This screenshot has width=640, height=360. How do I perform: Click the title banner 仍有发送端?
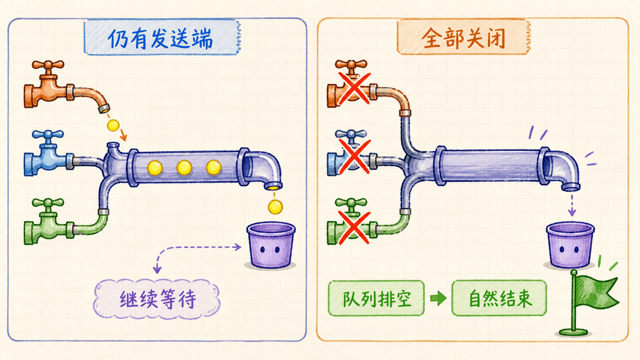pyautogui.click(x=162, y=37)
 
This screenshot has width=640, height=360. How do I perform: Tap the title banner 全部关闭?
pyautogui.click(x=464, y=37)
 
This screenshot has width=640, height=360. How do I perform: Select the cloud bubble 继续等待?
pyautogui.click(x=157, y=299)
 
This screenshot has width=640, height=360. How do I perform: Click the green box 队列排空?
pyautogui.click(x=376, y=298)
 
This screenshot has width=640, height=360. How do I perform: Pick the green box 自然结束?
pyautogui.click(x=499, y=298)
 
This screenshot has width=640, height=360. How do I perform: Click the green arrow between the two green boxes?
pyautogui.click(x=438, y=298)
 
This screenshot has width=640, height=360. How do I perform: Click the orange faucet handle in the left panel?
pyautogui.click(x=48, y=65)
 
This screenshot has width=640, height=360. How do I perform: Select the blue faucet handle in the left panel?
pyautogui.click(x=48, y=134)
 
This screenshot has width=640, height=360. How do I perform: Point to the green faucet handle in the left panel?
pyautogui.click(x=48, y=202)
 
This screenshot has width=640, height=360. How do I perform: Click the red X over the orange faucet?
pyautogui.click(x=354, y=88)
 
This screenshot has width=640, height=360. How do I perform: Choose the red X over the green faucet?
pyautogui.click(x=354, y=228)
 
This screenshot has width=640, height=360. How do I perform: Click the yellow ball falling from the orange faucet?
pyautogui.click(x=113, y=125)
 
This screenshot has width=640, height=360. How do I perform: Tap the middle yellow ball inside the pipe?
pyautogui.click(x=184, y=168)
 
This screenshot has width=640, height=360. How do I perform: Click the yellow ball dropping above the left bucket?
pyautogui.click(x=275, y=207)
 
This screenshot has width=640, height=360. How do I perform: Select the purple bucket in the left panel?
pyautogui.click(x=271, y=246)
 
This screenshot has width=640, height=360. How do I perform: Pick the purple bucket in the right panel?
pyautogui.click(x=570, y=245)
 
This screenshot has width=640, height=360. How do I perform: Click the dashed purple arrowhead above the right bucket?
pyautogui.click(x=572, y=212)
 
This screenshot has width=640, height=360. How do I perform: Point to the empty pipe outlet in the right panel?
pyautogui.click(x=571, y=187)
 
